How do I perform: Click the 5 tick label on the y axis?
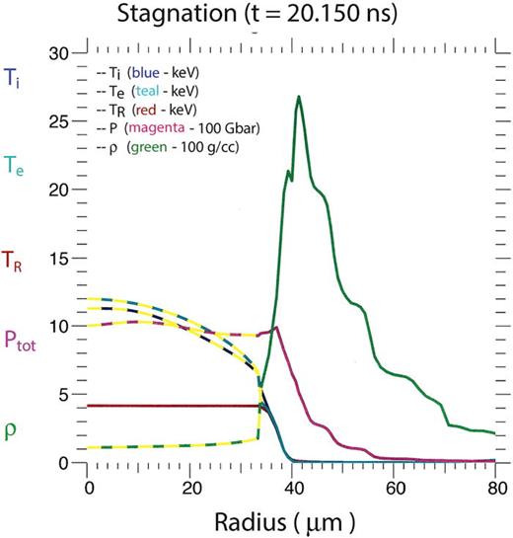coord(73,395)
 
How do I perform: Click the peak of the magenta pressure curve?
coord(276,328)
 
